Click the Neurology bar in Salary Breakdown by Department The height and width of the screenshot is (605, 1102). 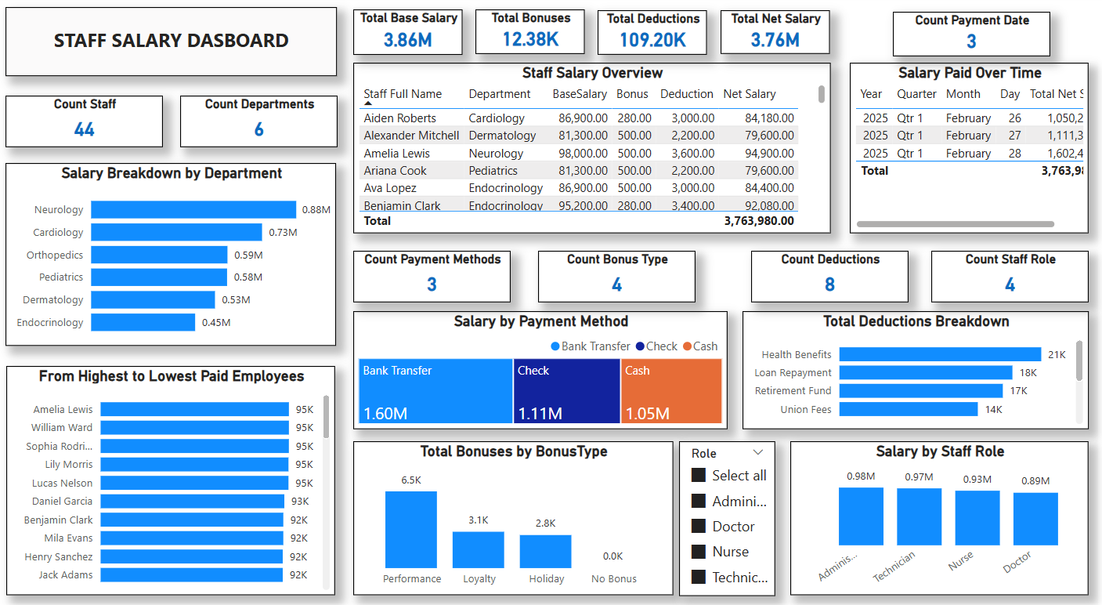pos(193,209)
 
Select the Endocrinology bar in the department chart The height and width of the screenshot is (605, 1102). pos(143,322)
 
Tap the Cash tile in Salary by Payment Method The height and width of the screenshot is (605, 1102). pos(670,391)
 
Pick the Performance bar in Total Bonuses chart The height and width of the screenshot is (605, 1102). pos(411,529)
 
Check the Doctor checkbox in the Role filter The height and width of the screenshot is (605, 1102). pos(699,527)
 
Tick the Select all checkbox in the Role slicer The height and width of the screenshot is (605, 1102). pos(699,476)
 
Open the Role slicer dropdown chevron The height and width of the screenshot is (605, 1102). pos(757,453)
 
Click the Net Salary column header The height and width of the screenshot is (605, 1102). pos(749,94)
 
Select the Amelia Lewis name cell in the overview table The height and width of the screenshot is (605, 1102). pos(396,154)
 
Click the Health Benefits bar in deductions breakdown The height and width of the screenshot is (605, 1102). pos(940,354)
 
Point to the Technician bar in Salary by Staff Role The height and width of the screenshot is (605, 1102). pos(919,516)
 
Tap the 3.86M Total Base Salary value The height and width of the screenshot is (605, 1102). pos(407,40)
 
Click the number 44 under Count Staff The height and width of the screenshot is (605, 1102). pos(85,129)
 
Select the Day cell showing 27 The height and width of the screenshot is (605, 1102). pos(1014,136)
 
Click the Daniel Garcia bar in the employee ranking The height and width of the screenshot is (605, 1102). pos(192,502)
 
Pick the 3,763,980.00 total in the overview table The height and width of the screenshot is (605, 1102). pos(758,221)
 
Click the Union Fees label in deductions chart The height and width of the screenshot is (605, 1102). pos(805,409)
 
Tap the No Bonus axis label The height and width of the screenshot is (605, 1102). pos(613,579)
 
